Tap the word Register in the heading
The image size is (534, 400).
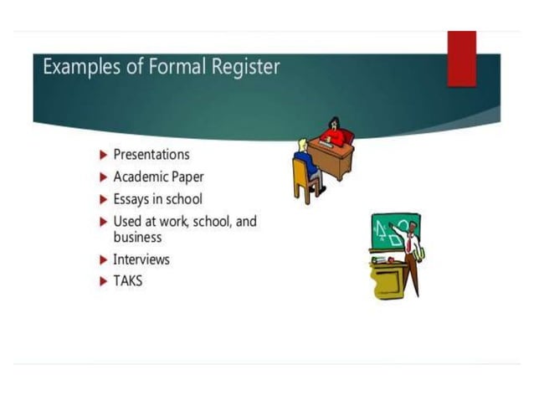pyautogui.click(x=238, y=66)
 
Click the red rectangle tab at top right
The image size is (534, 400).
pyautogui.click(x=461, y=58)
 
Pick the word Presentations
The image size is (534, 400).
pyautogui.click(x=151, y=155)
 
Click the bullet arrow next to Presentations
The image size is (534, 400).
pyautogui.click(x=103, y=155)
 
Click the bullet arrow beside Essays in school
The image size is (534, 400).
pyautogui.click(x=103, y=200)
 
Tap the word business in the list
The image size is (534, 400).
pyautogui.click(x=137, y=237)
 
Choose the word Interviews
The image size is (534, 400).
pyautogui.click(x=141, y=259)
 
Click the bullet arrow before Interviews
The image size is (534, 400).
pyautogui.click(x=103, y=259)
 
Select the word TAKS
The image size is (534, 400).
pyautogui.click(x=128, y=281)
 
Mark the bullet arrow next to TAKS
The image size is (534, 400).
pyautogui.click(x=103, y=281)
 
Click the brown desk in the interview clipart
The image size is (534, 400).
pyautogui.click(x=331, y=157)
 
